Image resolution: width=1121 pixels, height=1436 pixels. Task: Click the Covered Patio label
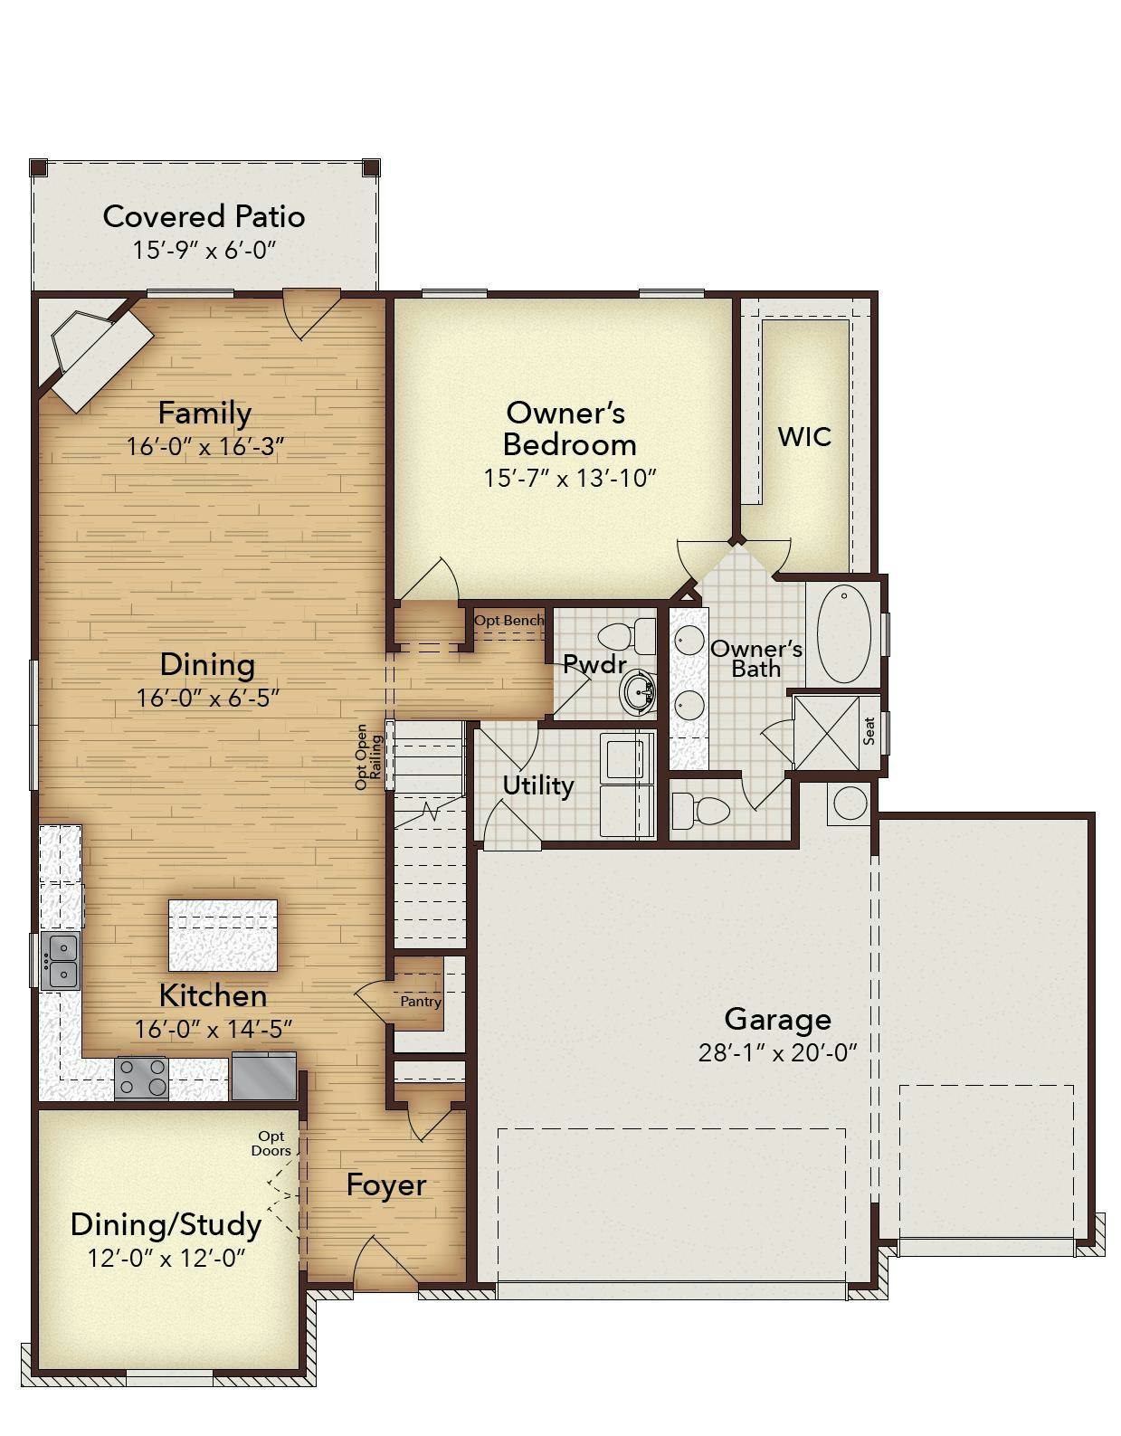point(204,217)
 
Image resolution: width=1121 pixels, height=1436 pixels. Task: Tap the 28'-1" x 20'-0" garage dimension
point(777,1052)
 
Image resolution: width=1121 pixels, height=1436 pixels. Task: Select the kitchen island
point(223,935)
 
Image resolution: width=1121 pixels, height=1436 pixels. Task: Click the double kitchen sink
point(60,961)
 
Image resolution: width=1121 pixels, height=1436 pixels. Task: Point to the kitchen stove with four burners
point(141,1077)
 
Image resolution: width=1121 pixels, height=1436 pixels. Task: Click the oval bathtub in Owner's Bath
point(843,633)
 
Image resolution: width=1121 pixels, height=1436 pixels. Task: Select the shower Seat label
point(869,731)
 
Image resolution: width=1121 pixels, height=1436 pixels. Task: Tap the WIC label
point(804,437)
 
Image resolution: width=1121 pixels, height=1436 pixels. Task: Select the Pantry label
point(421,1002)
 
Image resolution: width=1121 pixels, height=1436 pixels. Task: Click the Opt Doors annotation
point(271,1143)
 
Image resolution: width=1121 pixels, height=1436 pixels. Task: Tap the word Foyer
point(386,1184)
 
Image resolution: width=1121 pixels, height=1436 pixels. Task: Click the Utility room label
point(537,785)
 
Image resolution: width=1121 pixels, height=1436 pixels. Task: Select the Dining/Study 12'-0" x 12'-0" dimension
point(166,1258)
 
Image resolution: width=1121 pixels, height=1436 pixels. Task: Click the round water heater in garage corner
point(850,803)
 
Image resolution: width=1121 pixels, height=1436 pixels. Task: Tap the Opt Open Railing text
point(368,756)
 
